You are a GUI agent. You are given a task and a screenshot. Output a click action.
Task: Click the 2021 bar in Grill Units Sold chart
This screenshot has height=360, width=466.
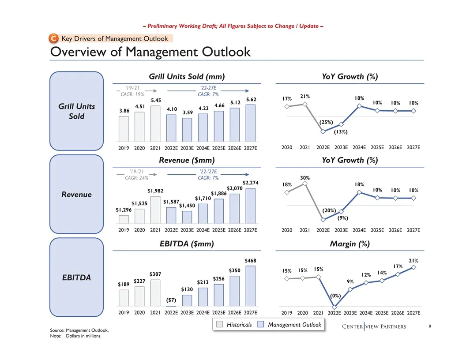coord(155,124)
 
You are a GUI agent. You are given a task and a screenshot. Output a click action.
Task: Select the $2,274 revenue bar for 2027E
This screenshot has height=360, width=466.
coord(251,206)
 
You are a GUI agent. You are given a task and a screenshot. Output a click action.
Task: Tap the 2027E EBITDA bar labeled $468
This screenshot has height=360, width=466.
coord(251,286)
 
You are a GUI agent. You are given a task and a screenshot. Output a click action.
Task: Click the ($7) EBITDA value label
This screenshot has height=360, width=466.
coord(171,300)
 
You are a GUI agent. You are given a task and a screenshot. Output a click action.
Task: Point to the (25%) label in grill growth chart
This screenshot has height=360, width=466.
coord(326,122)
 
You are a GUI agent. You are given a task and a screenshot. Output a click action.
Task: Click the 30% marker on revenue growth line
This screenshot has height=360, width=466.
coord(304,184)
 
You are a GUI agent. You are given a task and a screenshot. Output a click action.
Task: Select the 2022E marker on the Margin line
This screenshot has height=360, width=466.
coord(334,307)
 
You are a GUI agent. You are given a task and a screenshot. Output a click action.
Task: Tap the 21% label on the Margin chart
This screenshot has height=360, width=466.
coord(413,260)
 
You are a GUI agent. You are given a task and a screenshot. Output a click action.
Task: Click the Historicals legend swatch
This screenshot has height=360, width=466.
coord(220,324)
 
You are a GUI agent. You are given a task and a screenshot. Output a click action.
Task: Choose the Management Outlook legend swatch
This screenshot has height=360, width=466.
coord(261,324)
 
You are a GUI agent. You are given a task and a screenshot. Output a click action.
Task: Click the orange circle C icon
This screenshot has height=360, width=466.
coord(53,38)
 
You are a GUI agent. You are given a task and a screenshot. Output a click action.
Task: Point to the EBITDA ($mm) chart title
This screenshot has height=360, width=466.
coord(187,244)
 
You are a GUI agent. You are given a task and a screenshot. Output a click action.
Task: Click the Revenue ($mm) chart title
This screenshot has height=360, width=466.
coord(187,161)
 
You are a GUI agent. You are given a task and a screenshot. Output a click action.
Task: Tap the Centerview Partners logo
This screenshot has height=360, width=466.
coord(374,326)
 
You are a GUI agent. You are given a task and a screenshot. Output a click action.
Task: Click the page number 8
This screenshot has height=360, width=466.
coord(430,326)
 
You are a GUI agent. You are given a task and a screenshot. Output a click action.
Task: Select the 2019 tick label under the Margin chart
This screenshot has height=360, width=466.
coord(287,313)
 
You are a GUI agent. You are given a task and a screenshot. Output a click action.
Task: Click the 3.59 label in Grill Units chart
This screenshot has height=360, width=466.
coord(188,112)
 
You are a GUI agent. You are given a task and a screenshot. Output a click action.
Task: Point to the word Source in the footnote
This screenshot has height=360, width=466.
coord(57,330)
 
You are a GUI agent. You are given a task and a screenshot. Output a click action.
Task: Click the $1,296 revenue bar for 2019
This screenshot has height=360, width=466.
coord(124,219)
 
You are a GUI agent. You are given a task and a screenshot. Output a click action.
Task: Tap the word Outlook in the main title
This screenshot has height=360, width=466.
coord(226,52)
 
